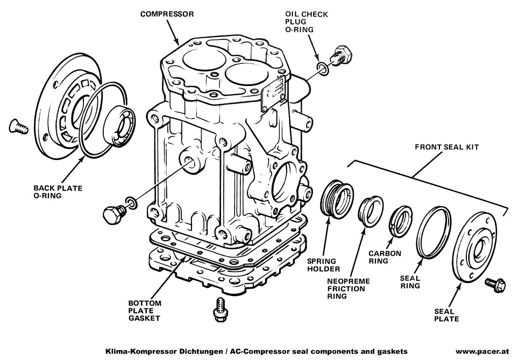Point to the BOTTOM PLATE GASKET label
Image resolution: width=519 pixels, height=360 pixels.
(x=144, y=311)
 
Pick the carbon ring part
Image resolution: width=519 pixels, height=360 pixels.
(x=401, y=220)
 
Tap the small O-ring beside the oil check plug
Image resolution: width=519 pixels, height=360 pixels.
(x=323, y=68)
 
